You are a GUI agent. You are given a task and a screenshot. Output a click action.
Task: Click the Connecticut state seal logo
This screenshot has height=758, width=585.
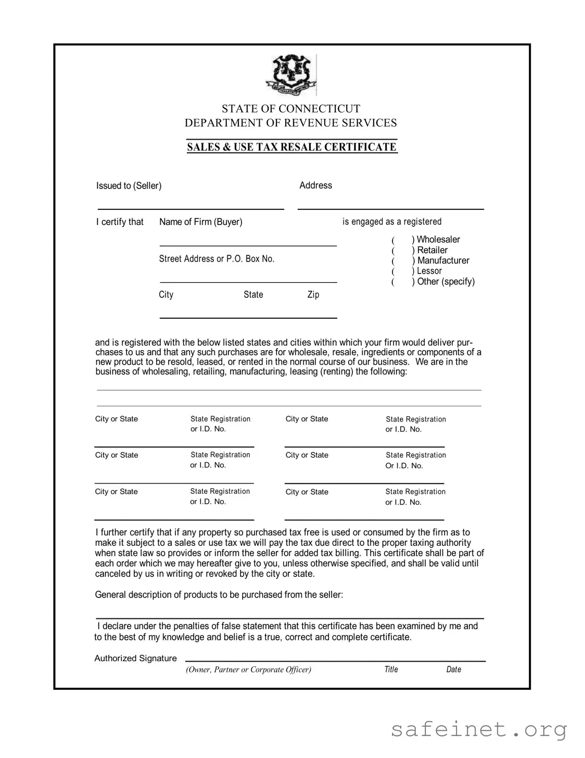coord(291,75)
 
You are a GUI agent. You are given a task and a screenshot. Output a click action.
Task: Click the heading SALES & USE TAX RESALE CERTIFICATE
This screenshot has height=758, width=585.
coord(292,147)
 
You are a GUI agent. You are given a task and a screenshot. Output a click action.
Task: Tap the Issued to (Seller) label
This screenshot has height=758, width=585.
coord(129,186)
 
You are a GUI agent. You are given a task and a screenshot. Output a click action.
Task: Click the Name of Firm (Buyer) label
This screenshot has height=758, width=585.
coord(200,222)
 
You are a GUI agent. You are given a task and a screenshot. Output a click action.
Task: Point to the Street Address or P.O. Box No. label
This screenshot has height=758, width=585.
coord(217,259)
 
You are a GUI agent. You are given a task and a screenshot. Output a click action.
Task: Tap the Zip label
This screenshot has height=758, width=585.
coord(313,295)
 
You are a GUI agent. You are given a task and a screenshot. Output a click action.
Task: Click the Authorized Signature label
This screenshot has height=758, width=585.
coord(135,658)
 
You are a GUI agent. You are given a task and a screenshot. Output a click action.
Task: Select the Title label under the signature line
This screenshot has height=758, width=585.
coord(391,669)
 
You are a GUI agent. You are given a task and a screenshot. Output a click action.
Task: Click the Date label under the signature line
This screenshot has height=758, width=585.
coord(453,669)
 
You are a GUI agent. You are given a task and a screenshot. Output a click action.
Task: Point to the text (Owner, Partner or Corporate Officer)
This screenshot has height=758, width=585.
coord(248,669)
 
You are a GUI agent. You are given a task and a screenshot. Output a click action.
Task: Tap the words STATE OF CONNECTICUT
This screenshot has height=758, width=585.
coord(291,109)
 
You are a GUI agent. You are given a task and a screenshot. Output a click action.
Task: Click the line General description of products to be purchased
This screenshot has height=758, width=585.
coord(219,595)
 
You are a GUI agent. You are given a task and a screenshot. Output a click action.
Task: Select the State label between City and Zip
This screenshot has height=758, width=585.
coord(253,295)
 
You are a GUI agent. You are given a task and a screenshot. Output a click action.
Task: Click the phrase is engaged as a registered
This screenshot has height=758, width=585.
coord(391,222)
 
